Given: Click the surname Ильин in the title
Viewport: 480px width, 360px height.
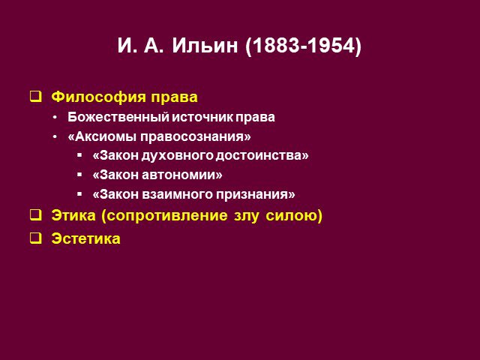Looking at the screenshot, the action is pos(205,46).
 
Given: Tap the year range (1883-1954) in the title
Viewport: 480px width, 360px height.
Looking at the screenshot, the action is pos(303,46).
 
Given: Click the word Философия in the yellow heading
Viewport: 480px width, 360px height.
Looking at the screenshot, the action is pos(98,97).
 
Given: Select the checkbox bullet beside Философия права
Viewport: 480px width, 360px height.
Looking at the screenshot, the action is pos(35,96).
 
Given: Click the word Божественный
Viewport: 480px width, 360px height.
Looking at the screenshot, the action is pos(118,117).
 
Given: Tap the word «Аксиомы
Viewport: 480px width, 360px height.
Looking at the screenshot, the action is pos(102,136).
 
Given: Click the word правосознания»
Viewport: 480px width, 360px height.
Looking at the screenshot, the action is pos(195,136).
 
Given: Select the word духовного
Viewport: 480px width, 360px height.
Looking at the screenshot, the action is pos(177,156).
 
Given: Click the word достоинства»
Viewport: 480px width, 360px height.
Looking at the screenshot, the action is pos(262,156).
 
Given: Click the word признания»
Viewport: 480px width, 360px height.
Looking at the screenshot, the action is pos(256,195).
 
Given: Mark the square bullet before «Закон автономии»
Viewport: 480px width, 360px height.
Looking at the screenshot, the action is pos(79,175).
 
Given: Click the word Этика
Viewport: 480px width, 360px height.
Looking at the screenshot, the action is pos(73,215).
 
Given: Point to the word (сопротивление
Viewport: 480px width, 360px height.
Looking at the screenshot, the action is pos(165,216).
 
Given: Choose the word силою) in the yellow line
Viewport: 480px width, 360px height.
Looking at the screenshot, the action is pos(294,216).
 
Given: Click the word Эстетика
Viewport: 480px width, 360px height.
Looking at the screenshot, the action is pos(85,238).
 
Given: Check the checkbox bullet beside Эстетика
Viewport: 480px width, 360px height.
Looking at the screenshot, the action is pos(35,238).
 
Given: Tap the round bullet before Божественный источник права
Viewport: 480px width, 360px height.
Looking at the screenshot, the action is pos(55,118).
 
